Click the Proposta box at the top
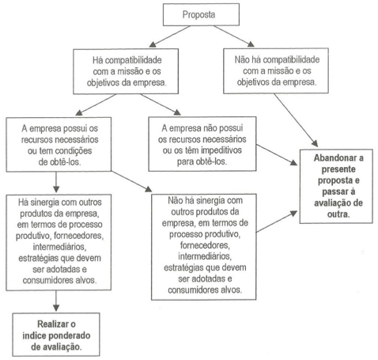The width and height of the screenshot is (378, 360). point(201,14)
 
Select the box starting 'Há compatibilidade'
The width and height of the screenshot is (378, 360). point(126,71)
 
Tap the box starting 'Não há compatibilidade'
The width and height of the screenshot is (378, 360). point(276,70)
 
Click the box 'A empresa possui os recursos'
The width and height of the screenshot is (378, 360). point(59,145)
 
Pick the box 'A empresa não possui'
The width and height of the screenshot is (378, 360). point(202,144)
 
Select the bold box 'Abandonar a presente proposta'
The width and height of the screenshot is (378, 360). point(336,186)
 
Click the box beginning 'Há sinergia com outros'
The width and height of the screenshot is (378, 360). point(59,242)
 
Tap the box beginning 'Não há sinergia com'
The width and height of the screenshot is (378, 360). point(204,247)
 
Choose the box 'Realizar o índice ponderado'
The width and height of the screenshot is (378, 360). point(56,335)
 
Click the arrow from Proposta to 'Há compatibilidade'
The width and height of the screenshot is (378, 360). point(169,36)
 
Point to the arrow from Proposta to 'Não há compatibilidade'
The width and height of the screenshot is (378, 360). point(234,36)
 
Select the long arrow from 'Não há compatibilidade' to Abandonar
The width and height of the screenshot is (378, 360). point(296,120)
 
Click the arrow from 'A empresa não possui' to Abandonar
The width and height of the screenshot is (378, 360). point(277,155)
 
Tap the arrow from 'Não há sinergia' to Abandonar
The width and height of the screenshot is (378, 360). point(277,222)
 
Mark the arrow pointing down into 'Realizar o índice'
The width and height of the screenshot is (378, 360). point(56,301)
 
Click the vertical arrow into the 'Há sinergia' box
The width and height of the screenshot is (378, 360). point(56,182)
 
